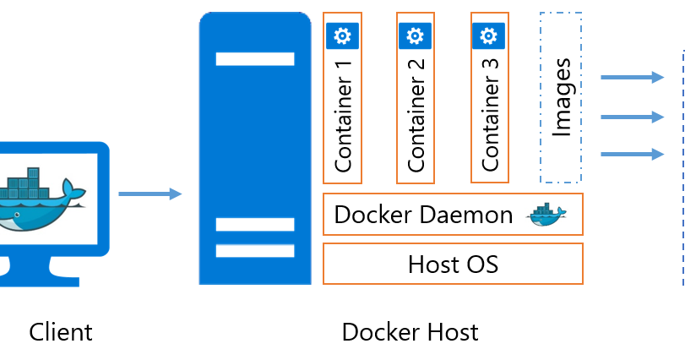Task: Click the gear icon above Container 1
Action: (343, 35)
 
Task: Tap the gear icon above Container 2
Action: (415, 35)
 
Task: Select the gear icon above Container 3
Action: (488, 35)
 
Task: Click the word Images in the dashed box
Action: (562, 97)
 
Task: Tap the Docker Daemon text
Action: (423, 215)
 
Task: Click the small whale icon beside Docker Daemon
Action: (546, 215)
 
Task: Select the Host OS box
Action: (453, 265)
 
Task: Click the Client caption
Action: (61, 332)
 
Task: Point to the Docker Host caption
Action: (410, 332)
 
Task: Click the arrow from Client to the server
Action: (150, 194)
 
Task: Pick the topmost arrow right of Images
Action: (632, 78)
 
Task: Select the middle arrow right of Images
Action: (632, 116)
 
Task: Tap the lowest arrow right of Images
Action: (632, 154)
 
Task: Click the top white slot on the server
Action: (255, 59)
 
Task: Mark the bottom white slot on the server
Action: (255, 251)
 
